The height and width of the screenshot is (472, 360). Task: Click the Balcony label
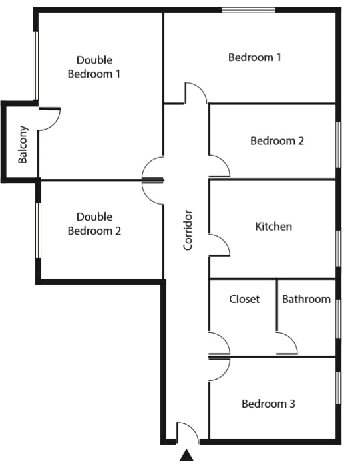pyautogui.click(x=23, y=144)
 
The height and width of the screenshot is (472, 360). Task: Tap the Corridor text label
pyautogui.click(x=188, y=230)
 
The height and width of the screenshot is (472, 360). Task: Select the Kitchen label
pyautogui.click(x=273, y=227)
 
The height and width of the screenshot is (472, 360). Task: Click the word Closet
pyautogui.click(x=244, y=299)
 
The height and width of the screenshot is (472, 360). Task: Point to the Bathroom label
pyautogui.click(x=306, y=299)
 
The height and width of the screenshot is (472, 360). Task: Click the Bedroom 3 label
pyautogui.click(x=268, y=404)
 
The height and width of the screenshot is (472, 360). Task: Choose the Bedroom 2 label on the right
pyautogui.click(x=277, y=140)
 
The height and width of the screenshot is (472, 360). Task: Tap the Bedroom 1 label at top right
pyautogui.click(x=255, y=57)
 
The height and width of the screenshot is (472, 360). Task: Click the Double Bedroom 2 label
pyautogui.click(x=94, y=223)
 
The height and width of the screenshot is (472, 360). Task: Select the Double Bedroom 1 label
pyautogui.click(x=94, y=67)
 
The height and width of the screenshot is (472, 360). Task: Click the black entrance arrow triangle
pyautogui.click(x=187, y=455)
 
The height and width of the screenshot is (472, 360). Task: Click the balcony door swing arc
pyautogui.click(x=55, y=124)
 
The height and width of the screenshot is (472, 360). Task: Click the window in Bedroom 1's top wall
pyautogui.click(x=248, y=11)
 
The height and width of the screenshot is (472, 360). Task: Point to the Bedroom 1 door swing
pyautogui.click(x=201, y=89)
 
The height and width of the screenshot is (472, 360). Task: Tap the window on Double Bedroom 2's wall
pyautogui.click(x=38, y=231)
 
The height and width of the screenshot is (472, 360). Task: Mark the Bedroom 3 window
pyautogui.click(x=338, y=388)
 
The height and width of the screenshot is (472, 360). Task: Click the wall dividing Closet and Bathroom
pyautogui.click(x=277, y=306)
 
